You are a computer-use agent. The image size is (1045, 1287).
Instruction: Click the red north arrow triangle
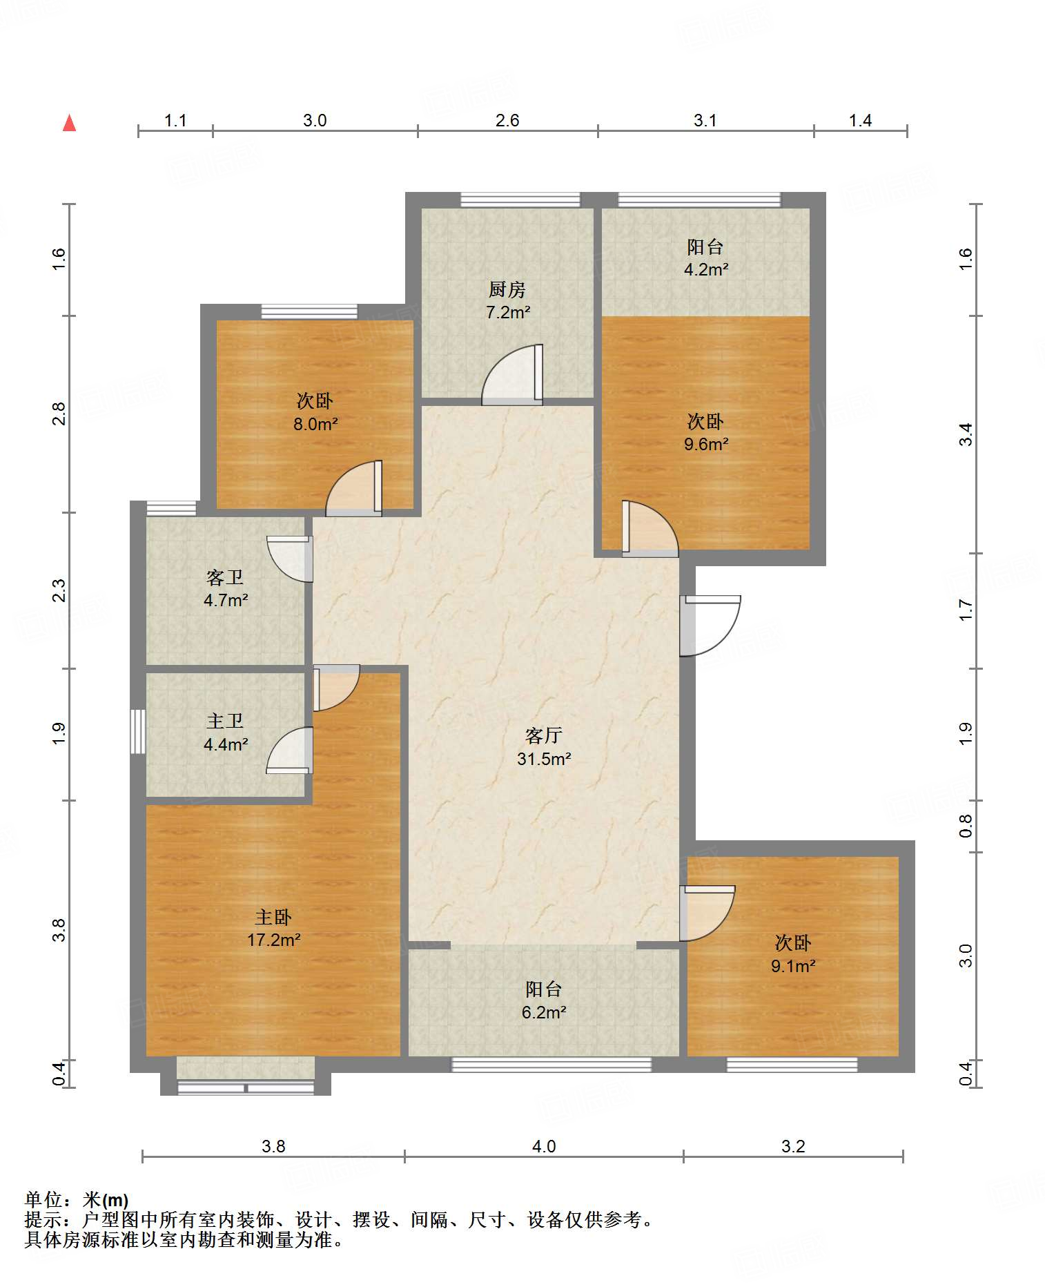click(69, 123)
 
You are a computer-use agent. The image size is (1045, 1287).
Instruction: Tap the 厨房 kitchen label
click(507, 289)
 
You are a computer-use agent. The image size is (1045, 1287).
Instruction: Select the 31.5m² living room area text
click(544, 759)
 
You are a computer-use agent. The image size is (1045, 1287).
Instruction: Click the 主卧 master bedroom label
click(273, 917)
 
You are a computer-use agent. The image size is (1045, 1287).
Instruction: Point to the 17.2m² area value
click(273, 940)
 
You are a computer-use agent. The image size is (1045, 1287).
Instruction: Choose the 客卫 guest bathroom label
click(225, 577)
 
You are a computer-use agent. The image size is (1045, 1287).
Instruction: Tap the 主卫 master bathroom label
click(225, 722)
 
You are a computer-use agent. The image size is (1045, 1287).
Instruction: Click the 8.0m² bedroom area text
click(315, 424)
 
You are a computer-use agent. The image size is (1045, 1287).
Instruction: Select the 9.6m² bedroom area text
click(706, 444)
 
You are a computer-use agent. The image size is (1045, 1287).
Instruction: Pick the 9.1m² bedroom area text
click(793, 966)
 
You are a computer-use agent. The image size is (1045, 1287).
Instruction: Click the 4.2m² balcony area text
click(706, 269)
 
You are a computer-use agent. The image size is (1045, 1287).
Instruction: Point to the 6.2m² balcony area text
click(544, 1012)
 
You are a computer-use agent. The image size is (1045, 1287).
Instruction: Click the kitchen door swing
click(512, 375)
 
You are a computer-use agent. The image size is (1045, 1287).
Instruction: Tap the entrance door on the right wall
click(710, 626)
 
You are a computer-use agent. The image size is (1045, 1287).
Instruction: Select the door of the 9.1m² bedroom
click(707, 913)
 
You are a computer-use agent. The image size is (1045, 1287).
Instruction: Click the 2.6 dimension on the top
click(507, 120)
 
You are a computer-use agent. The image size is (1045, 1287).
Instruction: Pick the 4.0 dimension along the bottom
click(544, 1146)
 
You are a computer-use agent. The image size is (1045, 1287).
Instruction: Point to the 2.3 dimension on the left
click(59, 590)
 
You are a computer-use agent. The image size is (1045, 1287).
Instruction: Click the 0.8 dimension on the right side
click(966, 826)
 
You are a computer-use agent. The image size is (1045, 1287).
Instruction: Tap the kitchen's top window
click(520, 200)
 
